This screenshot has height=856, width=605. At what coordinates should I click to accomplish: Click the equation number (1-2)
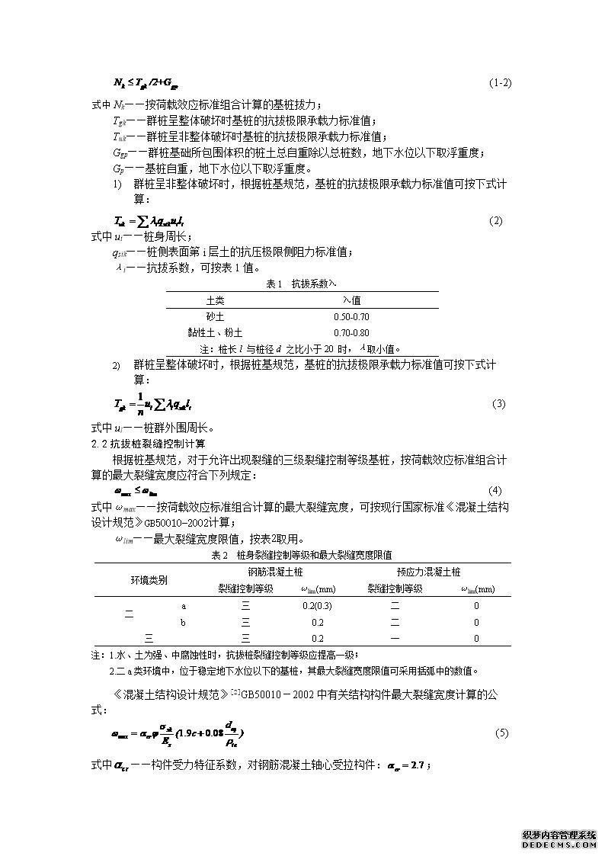499,82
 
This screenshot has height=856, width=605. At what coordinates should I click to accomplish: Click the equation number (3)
498,403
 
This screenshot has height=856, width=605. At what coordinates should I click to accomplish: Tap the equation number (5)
501,733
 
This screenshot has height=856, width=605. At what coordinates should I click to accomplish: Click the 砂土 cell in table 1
216,316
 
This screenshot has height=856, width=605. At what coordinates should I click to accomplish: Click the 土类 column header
216,300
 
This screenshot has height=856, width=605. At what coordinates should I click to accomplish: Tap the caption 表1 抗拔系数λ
301,284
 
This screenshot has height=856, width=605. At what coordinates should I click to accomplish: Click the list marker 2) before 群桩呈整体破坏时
117,366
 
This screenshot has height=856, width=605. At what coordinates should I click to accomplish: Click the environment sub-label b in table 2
183,622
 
